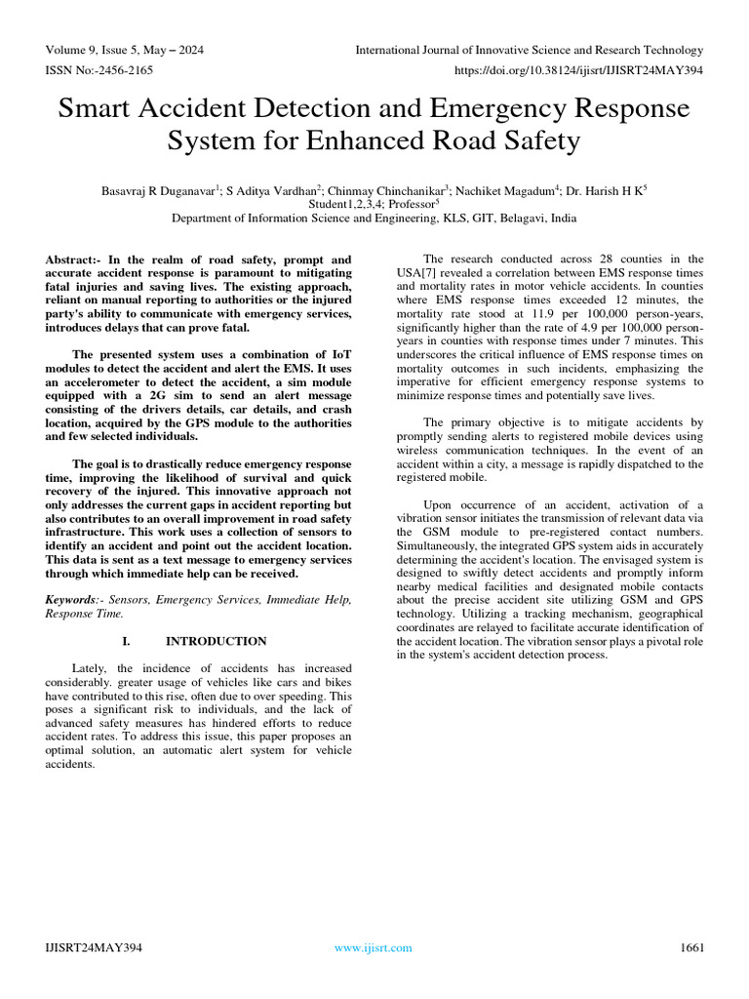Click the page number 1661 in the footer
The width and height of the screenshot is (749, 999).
click(690, 947)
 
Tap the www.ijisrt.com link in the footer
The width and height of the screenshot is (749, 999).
click(373, 947)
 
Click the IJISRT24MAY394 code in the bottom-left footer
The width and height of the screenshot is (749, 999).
click(94, 947)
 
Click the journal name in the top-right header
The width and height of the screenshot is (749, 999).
click(530, 50)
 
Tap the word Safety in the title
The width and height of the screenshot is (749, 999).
click(538, 142)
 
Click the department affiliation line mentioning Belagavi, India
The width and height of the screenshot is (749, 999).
click(374, 220)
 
